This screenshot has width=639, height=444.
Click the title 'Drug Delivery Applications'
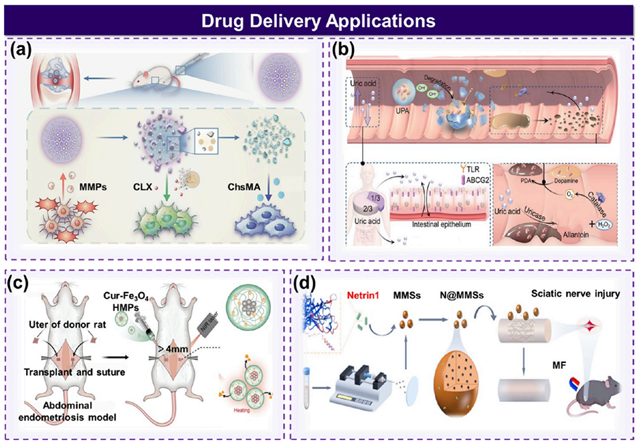[319, 20]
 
